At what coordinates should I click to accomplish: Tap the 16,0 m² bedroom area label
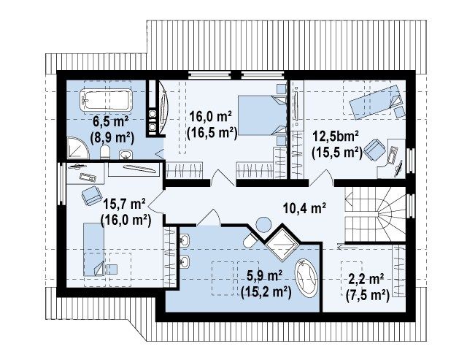[211, 116]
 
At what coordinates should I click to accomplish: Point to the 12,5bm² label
[335, 137]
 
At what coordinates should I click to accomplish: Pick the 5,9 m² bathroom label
[265, 276]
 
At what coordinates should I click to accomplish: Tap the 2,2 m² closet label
[366, 280]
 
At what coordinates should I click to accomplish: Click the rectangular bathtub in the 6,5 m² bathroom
[106, 99]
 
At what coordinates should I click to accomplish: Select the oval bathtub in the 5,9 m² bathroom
[306, 278]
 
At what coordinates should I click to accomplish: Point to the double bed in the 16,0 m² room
[261, 115]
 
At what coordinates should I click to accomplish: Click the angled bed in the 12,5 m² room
[376, 102]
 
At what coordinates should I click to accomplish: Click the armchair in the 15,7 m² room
[92, 195]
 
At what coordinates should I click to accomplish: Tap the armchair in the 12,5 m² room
[374, 149]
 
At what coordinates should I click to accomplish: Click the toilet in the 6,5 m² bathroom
[105, 152]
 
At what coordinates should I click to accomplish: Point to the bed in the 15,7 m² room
[94, 250]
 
